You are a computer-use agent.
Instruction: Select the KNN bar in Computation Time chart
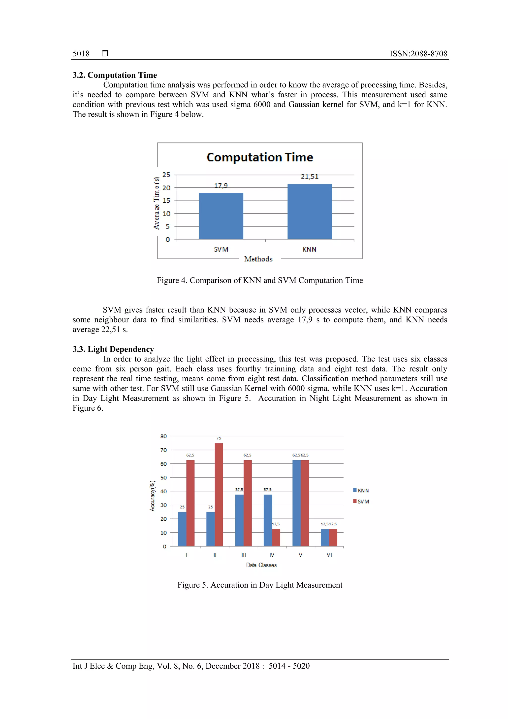click(x=309, y=211)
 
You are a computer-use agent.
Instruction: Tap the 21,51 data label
click(x=309, y=177)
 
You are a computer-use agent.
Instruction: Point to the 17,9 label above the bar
click(x=221, y=186)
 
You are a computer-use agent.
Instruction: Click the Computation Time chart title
click(x=260, y=157)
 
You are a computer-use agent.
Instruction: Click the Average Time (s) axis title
click(x=157, y=203)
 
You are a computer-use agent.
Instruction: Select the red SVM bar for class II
click(x=219, y=495)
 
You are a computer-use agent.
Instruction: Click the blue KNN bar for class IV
click(x=267, y=520)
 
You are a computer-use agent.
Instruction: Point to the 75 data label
click(x=219, y=438)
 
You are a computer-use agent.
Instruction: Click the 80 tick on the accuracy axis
click(x=163, y=436)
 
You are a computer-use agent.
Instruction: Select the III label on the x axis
click(x=243, y=555)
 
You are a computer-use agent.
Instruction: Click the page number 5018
click(x=81, y=54)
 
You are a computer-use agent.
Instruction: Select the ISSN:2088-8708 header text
click(x=418, y=54)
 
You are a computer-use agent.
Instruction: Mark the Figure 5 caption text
click(x=260, y=585)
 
